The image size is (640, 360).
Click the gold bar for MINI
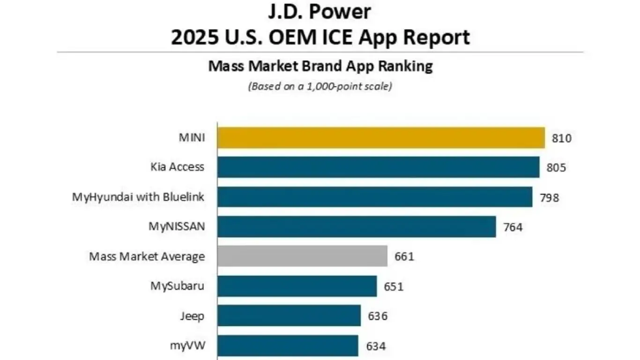coord(381,138)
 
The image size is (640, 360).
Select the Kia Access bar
coord(379,167)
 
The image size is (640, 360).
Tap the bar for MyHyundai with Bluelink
coord(375,197)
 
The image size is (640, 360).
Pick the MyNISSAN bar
coord(357,227)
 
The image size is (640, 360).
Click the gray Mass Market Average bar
coord(302,256)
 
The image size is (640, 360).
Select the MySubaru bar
coord(297,286)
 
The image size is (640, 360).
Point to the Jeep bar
coord(289,316)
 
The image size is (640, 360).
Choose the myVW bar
coord(288,346)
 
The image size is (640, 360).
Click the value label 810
coord(562,138)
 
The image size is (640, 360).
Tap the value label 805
coord(556,168)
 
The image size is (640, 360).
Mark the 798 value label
coord(549,197)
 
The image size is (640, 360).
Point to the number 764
coord(513,227)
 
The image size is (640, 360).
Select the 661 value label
coord(404,257)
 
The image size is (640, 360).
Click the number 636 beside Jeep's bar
coord(378,316)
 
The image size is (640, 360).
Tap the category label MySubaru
coord(177,286)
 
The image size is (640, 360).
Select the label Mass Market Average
coord(147,256)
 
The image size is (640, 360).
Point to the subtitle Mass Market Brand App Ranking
coord(320,66)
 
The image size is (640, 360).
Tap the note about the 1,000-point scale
coord(320,86)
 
